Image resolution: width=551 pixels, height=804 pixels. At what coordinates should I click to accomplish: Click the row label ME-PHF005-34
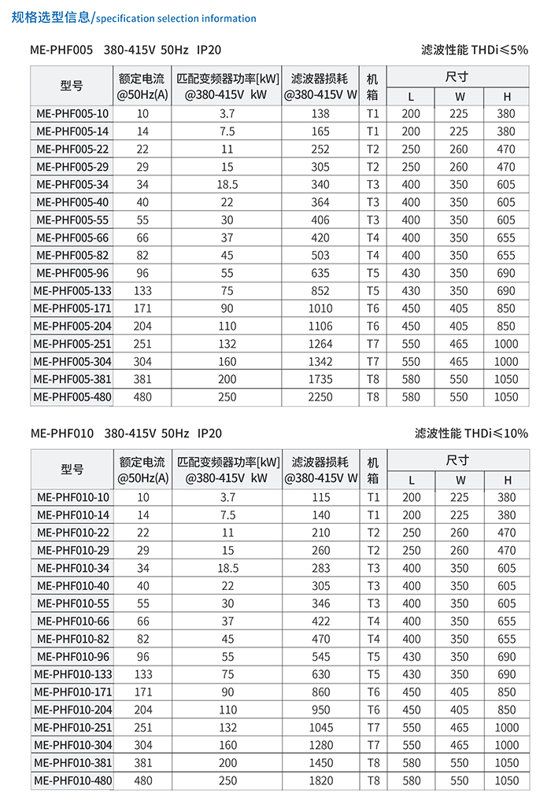[72, 185]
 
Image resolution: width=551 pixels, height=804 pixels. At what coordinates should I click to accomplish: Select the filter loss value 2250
[320, 397]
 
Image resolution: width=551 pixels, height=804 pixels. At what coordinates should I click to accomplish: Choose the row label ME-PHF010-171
[72, 692]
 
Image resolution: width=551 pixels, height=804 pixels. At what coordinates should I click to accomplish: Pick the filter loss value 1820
[320, 780]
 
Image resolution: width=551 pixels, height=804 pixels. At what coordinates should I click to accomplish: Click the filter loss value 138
[320, 114]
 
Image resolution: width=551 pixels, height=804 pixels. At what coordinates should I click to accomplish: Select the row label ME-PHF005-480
[72, 397]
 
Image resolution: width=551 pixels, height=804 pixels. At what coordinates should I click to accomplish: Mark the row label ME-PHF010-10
[72, 497]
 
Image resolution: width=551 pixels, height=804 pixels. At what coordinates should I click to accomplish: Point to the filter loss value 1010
[320, 308]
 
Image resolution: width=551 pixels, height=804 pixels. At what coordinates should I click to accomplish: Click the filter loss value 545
[320, 657]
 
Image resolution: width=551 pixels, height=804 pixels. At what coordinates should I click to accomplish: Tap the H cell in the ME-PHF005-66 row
[506, 238]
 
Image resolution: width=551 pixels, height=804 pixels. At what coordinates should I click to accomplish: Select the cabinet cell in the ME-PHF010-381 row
[373, 763]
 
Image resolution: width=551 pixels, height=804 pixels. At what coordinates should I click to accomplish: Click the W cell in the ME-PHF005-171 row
[459, 308]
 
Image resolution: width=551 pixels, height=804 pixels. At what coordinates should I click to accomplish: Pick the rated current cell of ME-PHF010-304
[142, 745]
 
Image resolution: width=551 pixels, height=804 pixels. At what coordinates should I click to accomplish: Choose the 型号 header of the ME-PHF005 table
[72, 86]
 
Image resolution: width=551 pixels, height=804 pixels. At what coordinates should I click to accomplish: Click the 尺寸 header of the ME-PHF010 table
[457, 460]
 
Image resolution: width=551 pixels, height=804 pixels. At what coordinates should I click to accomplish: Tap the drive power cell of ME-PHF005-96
[227, 273]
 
